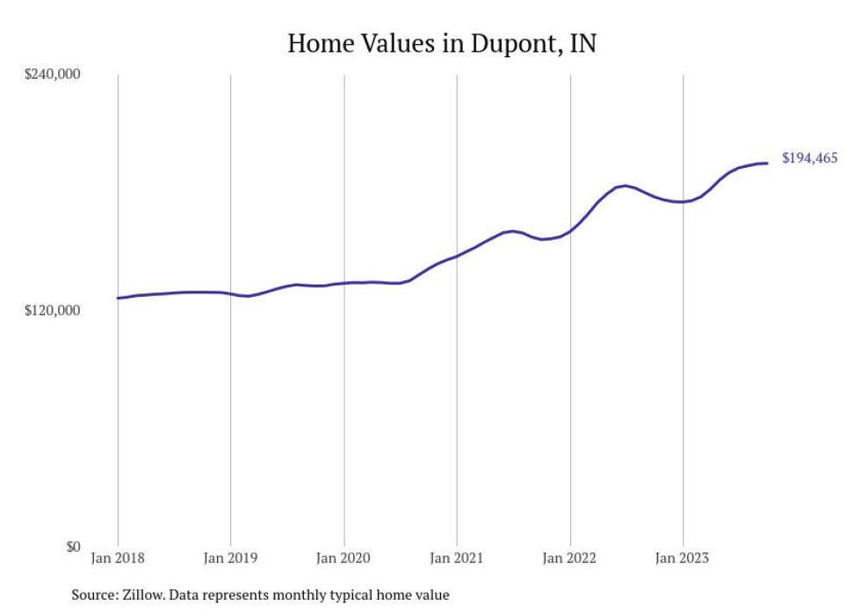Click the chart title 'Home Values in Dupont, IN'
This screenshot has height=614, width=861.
coord(442,44)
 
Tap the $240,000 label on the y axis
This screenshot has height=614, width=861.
coord(51,75)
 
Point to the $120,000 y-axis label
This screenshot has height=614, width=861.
coord(51,311)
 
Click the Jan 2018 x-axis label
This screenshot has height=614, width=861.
coord(118,557)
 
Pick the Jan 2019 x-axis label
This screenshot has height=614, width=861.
coord(230,557)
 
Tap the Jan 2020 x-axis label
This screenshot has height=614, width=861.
coord(344,557)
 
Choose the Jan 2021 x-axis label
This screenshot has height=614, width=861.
coord(457,557)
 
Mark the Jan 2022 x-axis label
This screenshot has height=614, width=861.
coord(570,557)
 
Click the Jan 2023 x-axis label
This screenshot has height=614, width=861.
coord(683,557)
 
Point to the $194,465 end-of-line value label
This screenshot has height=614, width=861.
coord(809,159)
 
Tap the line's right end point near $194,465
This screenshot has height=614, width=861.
coord(768,163)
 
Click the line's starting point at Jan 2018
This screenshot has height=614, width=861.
coord(118,299)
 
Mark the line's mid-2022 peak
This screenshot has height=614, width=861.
coord(624,186)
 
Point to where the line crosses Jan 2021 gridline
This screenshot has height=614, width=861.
coord(457,256)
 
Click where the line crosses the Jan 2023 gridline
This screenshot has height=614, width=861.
coord(683,202)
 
